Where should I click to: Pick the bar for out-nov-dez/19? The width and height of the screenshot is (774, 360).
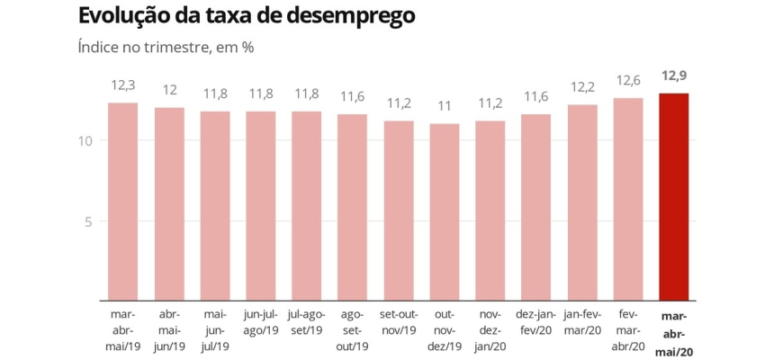click(x=445, y=211)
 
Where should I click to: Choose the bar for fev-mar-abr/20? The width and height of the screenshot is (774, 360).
click(x=628, y=199)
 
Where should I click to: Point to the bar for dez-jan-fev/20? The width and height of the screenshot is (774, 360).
click(x=536, y=207)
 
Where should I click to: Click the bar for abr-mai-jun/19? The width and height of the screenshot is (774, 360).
click(x=169, y=203)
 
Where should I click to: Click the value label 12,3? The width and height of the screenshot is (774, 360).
click(x=123, y=87)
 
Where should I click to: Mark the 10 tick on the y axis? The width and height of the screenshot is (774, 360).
click(x=87, y=140)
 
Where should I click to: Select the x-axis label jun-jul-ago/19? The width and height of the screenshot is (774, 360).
click(x=261, y=323)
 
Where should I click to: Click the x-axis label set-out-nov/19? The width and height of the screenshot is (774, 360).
click(x=399, y=323)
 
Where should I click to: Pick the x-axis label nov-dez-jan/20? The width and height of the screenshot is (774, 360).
click(x=490, y=331)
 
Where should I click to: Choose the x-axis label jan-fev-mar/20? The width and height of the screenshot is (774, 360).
click(x=582, y=323)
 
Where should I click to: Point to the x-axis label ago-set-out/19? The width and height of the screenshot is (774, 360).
click(x=353, y=331)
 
